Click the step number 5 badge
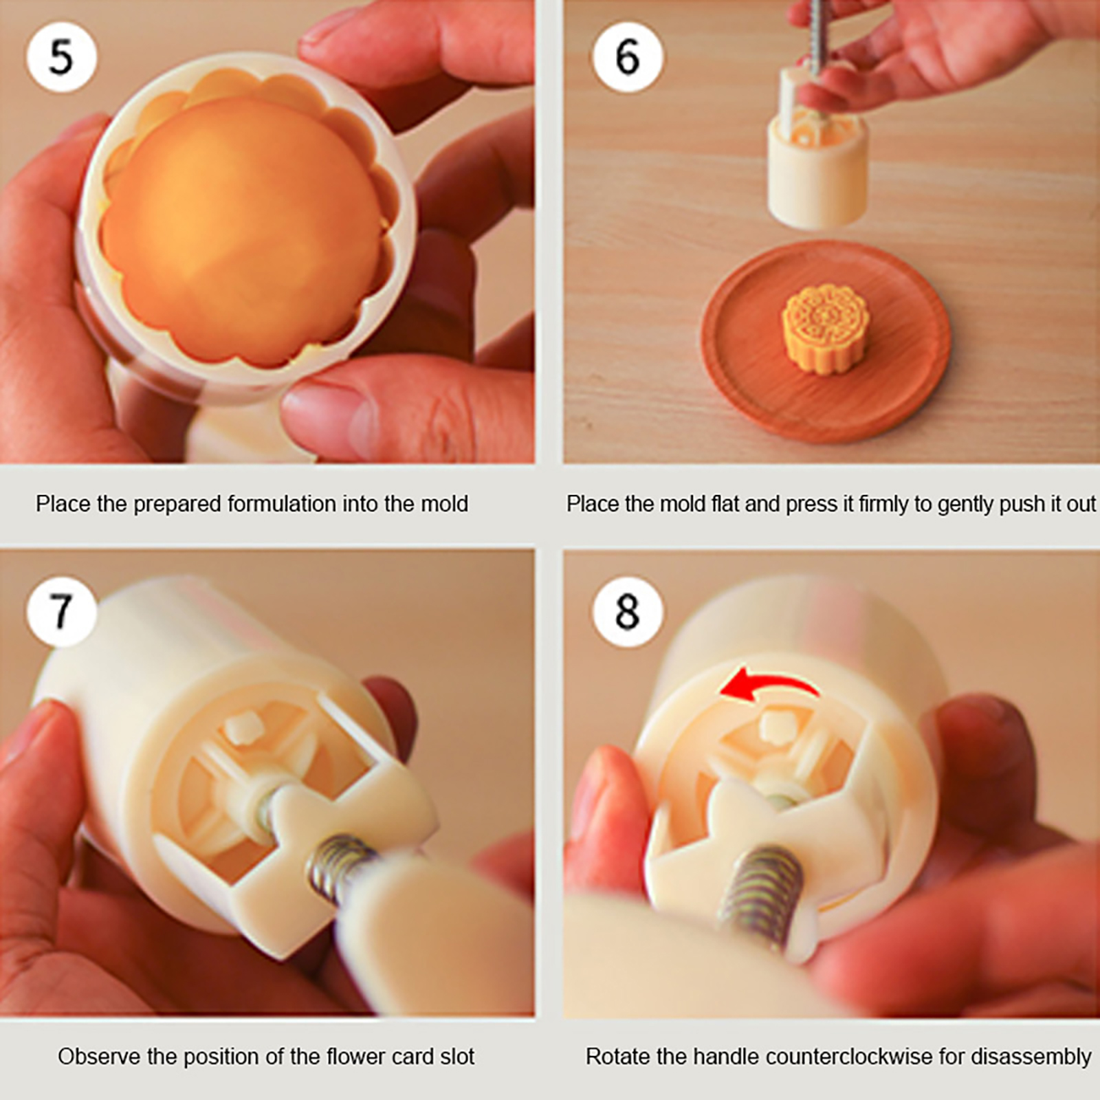61,56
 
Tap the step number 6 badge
627,56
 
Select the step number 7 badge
61,611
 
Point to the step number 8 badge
627,611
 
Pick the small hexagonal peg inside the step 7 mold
243,727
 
